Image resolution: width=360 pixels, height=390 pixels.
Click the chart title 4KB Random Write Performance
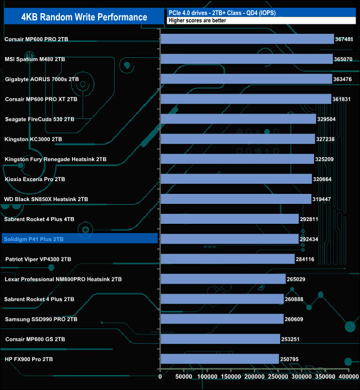pos(84,17)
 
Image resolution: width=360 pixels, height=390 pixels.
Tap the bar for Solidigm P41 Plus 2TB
pos(229,239)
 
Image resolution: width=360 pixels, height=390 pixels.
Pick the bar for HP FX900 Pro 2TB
pos(219,359)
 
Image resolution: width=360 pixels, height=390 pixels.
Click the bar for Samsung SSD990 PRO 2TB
pos(222,319)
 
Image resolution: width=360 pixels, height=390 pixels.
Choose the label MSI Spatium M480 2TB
pos(35,59)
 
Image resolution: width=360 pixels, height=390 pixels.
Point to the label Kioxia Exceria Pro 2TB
pos(35,179)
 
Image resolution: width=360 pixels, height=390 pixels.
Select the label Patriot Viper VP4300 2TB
pos(38,259)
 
